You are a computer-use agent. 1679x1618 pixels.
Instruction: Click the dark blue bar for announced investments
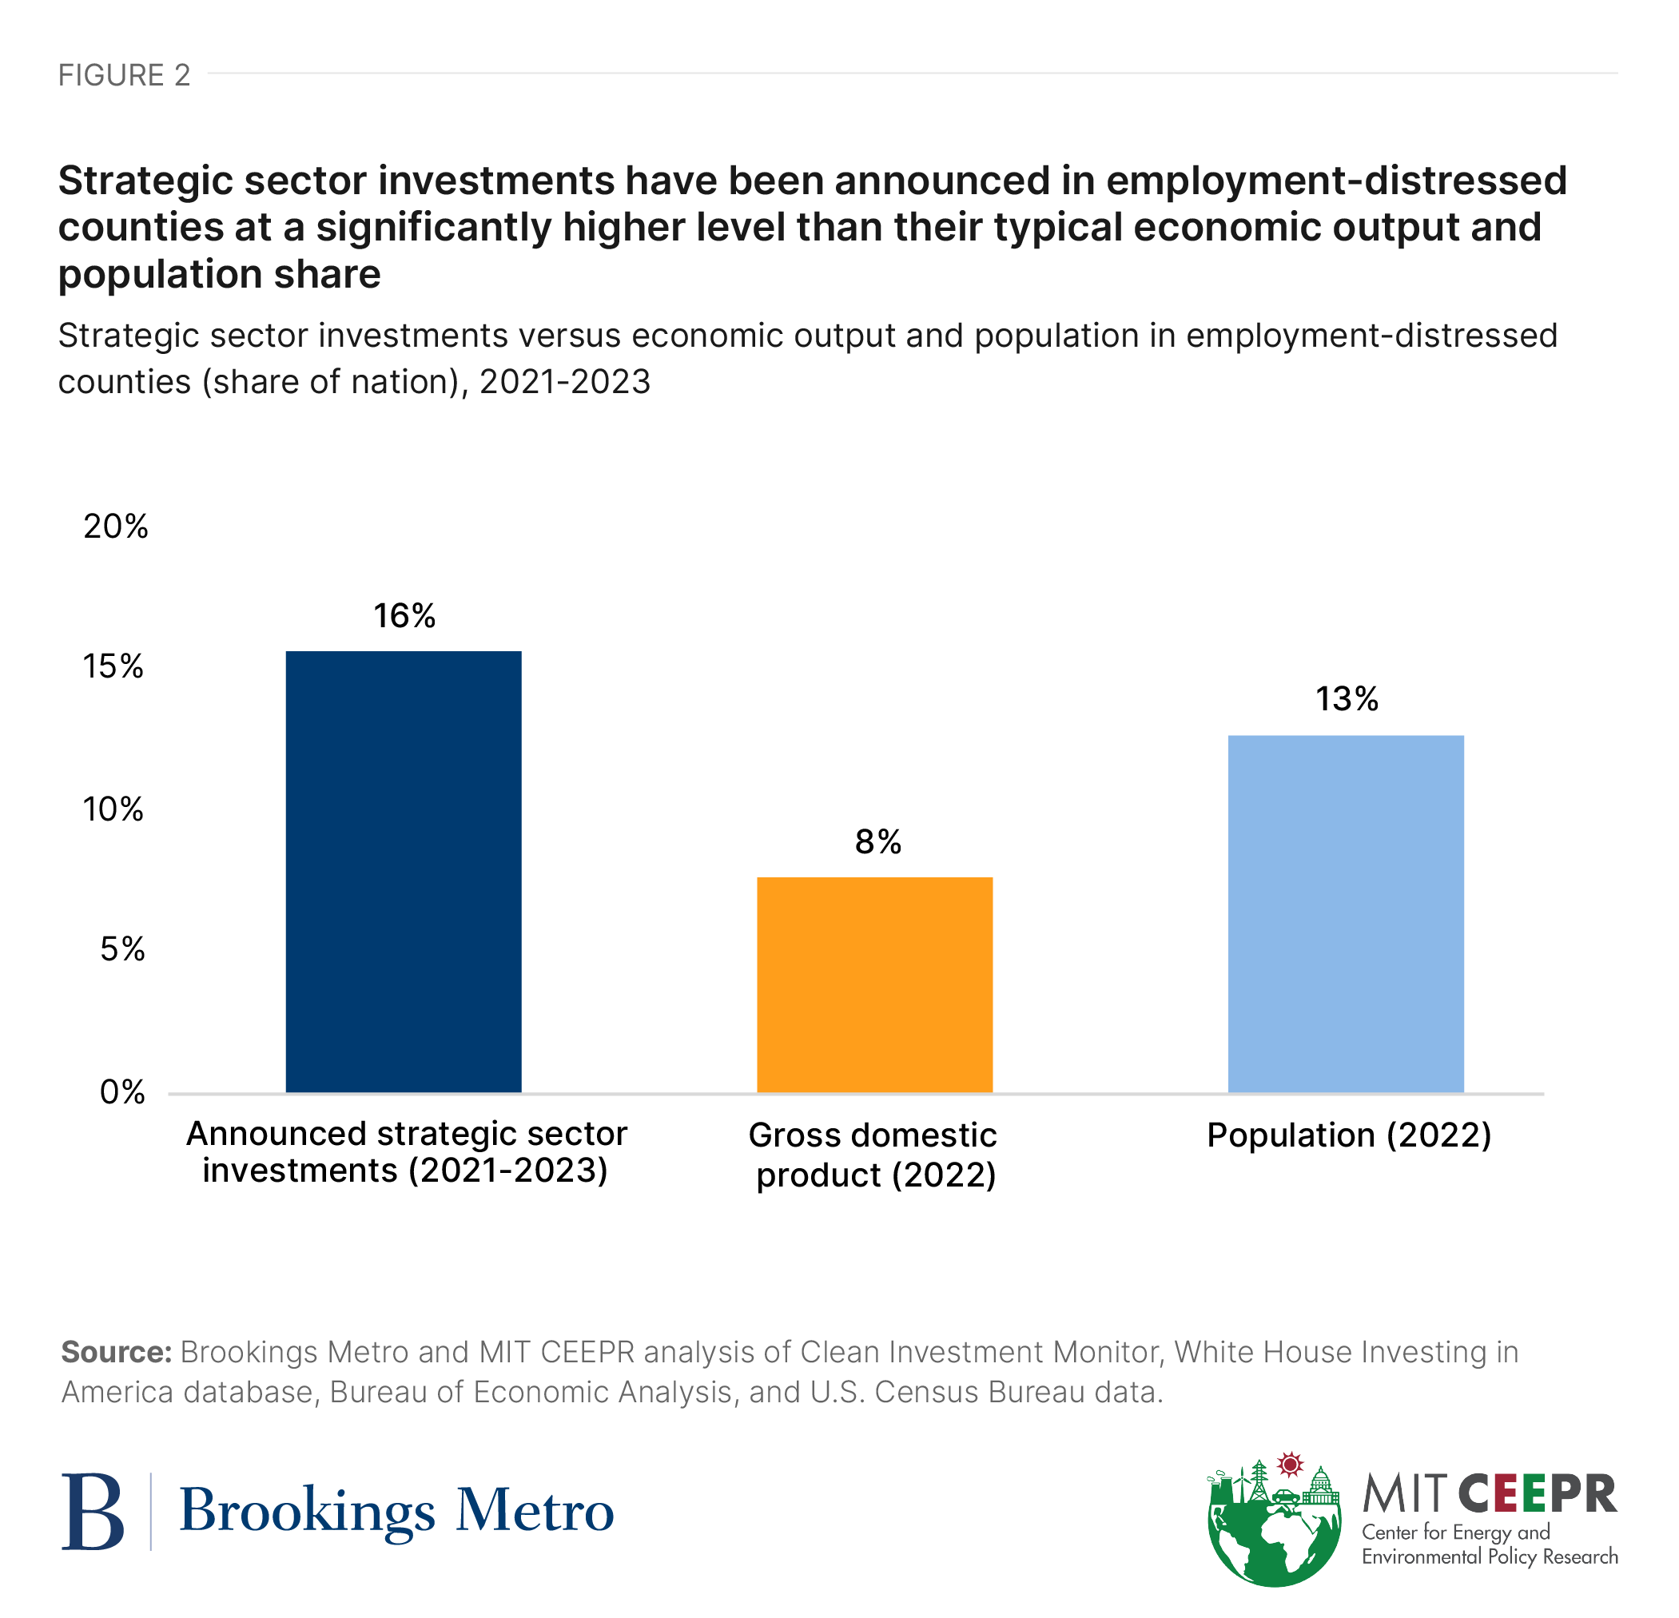pyautogui.click(x=404, y=871)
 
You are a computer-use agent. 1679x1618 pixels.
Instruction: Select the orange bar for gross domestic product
pyautogui.click(x=874, y=984)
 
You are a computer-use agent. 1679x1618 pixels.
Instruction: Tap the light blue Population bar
pyautogui.click(x=1346, y=913)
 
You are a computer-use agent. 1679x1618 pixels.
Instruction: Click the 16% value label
pyautogui.click(x=404, y=616)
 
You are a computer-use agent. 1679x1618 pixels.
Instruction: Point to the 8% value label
pyautogui.click(x=877, y=842)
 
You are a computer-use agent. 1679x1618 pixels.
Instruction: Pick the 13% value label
pyautogui.click(x=1347, y=699)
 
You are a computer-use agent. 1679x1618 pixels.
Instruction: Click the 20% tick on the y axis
pyautogui.click(x=116, y=526)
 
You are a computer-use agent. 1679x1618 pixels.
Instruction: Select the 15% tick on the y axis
pyautogui.click(x=113, y=666)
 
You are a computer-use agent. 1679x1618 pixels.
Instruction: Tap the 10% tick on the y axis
pyautogui.click(x=113, y=809)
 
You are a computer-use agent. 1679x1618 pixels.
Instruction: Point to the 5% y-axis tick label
pyautogui.click(x=122, y=949)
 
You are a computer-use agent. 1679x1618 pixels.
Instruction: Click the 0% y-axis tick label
pyautogui.click(x=122, y=1092)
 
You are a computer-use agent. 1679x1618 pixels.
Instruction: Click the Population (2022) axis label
pyautogui.click(x=1349, y=1135)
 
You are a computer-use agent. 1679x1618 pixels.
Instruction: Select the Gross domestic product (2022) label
pyautogui.click(x=873, y=1155)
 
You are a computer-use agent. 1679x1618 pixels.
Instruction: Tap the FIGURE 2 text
pyautogui.click(x=124, y=75)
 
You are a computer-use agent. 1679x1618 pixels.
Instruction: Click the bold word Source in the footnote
pyautogui.click(x=117, y=1352)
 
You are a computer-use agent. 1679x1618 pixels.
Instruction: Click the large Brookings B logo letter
pyautogui.click(x=93, y=1512)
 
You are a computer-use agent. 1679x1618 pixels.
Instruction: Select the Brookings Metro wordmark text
pyautogui.click(x=396, y=1512)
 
